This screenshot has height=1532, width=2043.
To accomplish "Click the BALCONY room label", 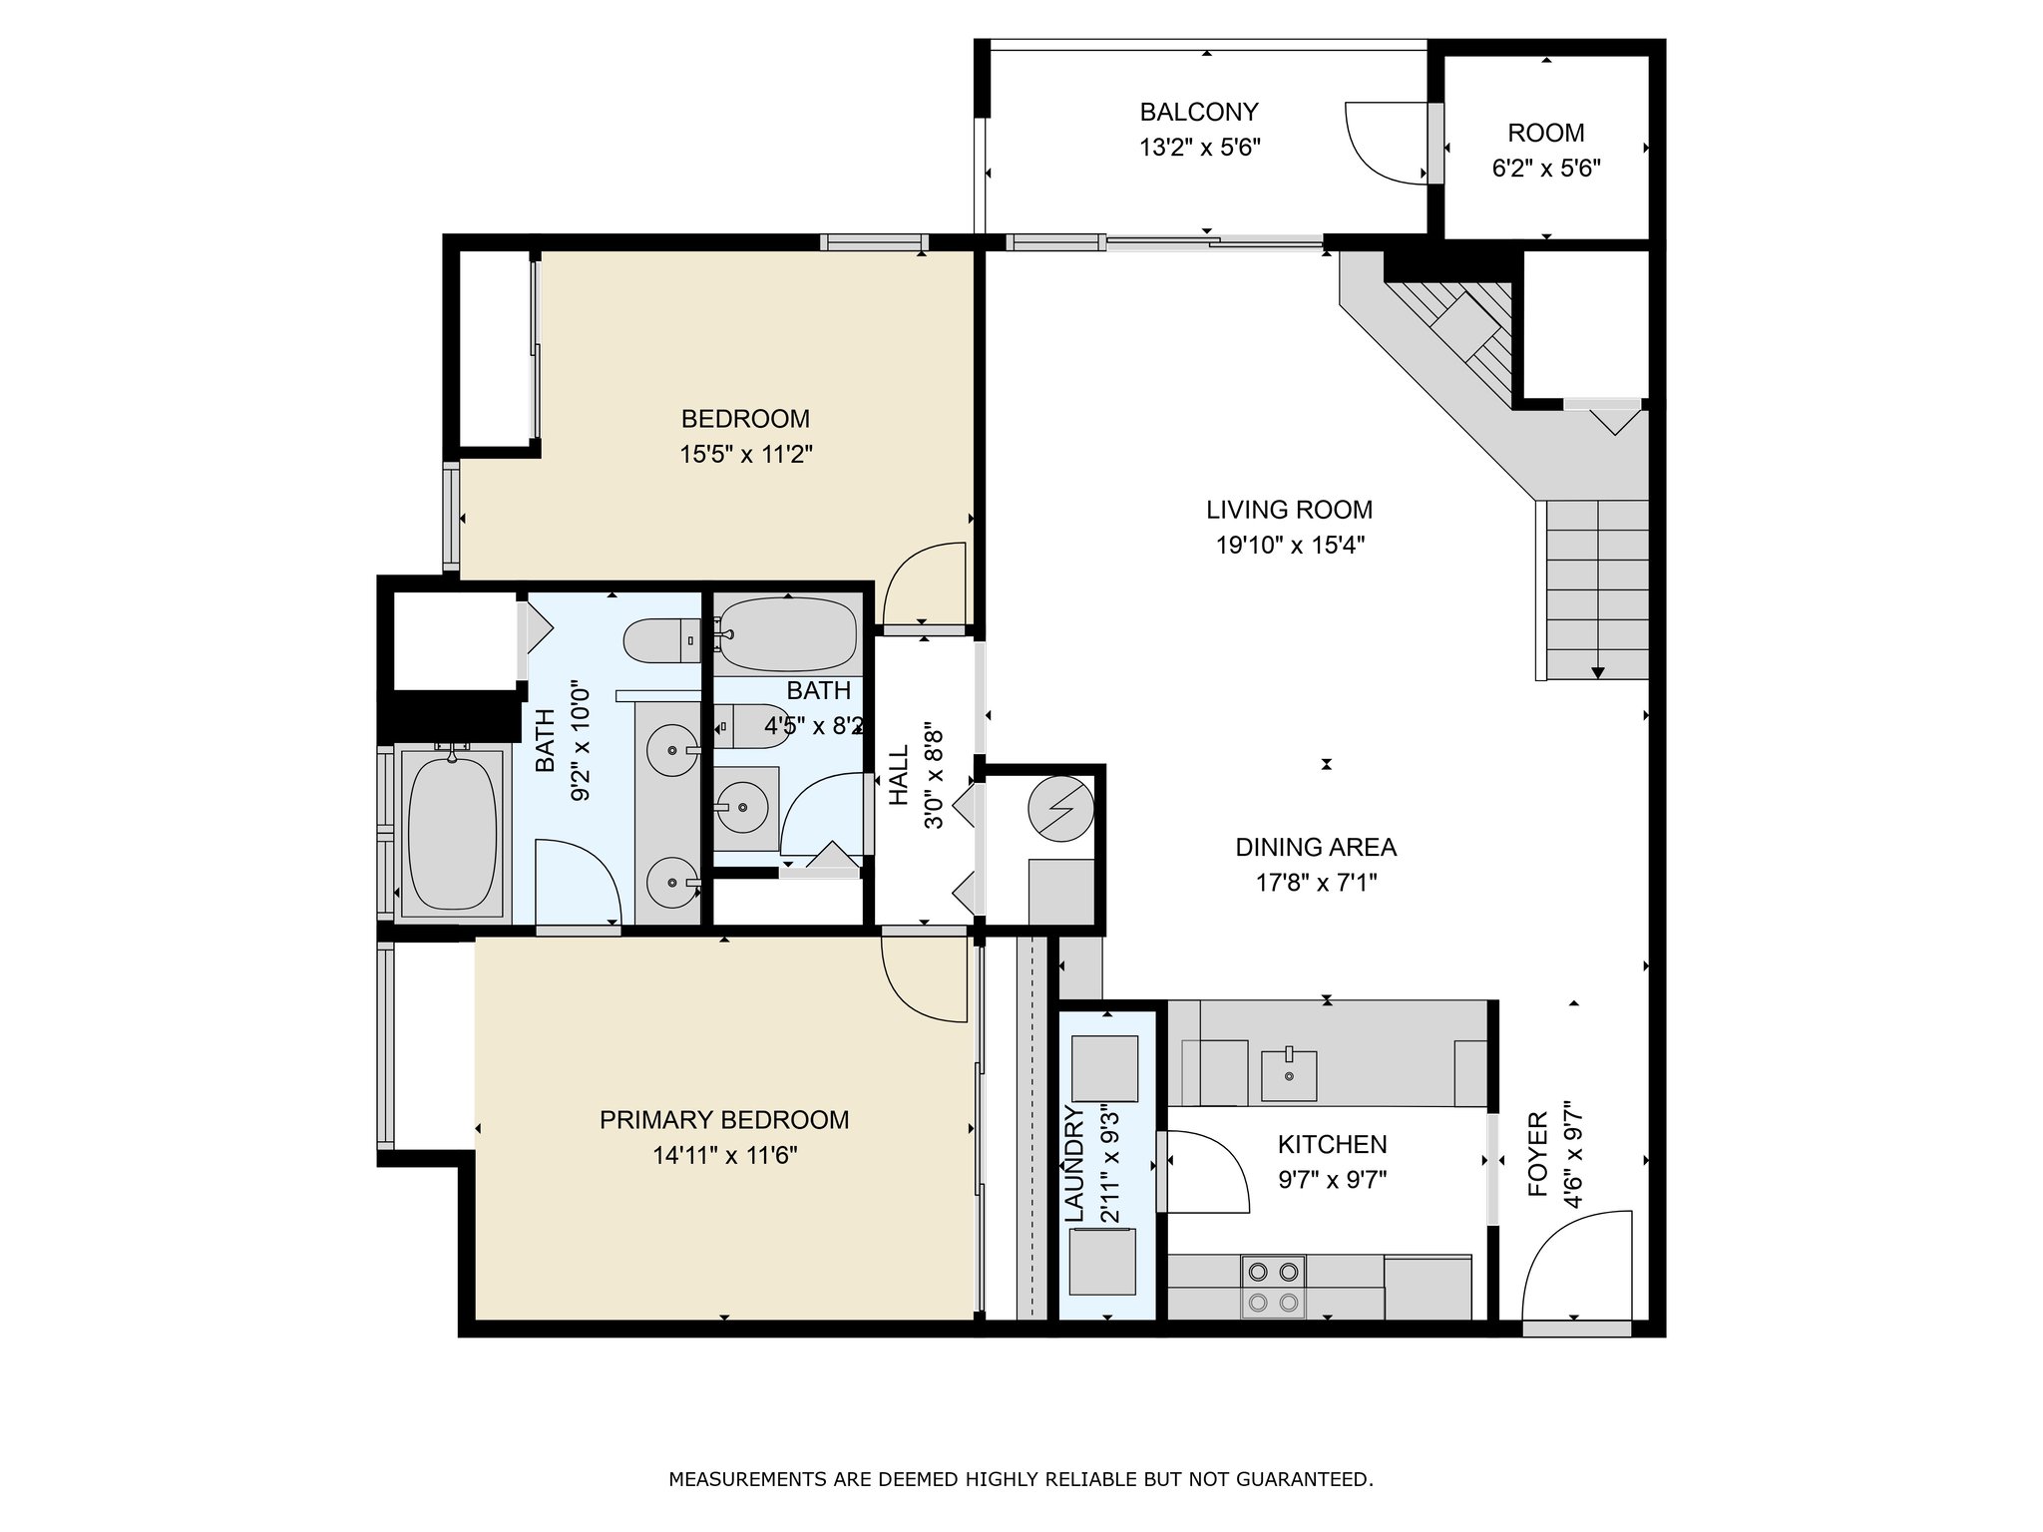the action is [x=1199, y=111].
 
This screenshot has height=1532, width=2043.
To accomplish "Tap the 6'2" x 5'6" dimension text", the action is [x=1546, y=169].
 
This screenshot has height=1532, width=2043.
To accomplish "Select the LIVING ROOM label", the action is [x=1289, y=510].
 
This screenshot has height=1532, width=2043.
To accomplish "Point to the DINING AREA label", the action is [x=1316, y=847].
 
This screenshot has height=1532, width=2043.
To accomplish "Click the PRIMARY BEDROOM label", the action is [x=724, y=1120].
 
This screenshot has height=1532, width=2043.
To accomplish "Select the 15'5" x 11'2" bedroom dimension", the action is [x=746, y=455].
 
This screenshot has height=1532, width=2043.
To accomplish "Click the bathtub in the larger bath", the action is [x=453, y=832].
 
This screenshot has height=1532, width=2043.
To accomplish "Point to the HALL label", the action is [x=900, y=775].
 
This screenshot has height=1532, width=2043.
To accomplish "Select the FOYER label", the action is [x=1537, y=1154].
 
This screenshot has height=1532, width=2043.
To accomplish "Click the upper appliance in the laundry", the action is [x=1103, y=1068].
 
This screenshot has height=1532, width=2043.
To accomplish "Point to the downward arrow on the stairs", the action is [x=1597, y=673].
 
